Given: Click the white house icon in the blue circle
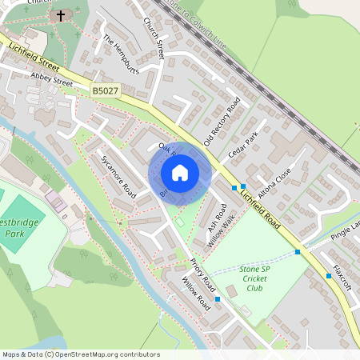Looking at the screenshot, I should pos(180,172).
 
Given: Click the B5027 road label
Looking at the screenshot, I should pos(105,93).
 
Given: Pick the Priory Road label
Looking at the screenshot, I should pos(203,274).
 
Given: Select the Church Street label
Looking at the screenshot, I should pos(154,38).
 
